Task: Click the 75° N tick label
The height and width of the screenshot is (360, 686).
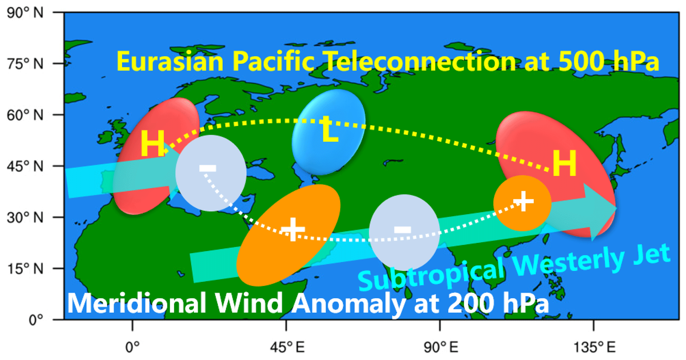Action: (25, 63)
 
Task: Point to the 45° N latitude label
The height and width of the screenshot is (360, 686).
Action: (25, 166)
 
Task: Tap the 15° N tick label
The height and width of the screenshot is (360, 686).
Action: (25, 268)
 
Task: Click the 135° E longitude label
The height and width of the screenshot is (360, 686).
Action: (594, 347)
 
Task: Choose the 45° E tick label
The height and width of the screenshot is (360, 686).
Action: (287, 347)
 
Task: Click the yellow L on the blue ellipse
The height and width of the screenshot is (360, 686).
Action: (329, 129)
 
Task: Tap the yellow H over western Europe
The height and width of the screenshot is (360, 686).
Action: (153, 143)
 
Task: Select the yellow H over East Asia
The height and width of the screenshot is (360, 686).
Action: (565, 163)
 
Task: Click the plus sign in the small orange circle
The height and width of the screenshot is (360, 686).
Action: (523, 201)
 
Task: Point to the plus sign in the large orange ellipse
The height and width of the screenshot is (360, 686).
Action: (293, 229)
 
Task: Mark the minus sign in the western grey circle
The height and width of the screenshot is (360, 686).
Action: (208, 168)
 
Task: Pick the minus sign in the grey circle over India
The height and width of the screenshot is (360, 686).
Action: (403, 229)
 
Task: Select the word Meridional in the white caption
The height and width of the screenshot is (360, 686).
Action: (137, 303)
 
